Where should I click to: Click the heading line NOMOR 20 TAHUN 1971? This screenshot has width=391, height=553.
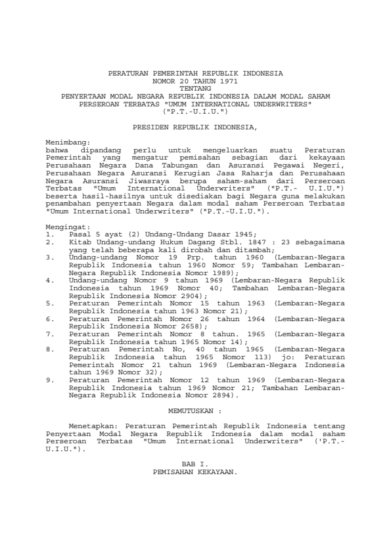point(195,80)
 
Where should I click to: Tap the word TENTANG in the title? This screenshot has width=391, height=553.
point(195,87)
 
